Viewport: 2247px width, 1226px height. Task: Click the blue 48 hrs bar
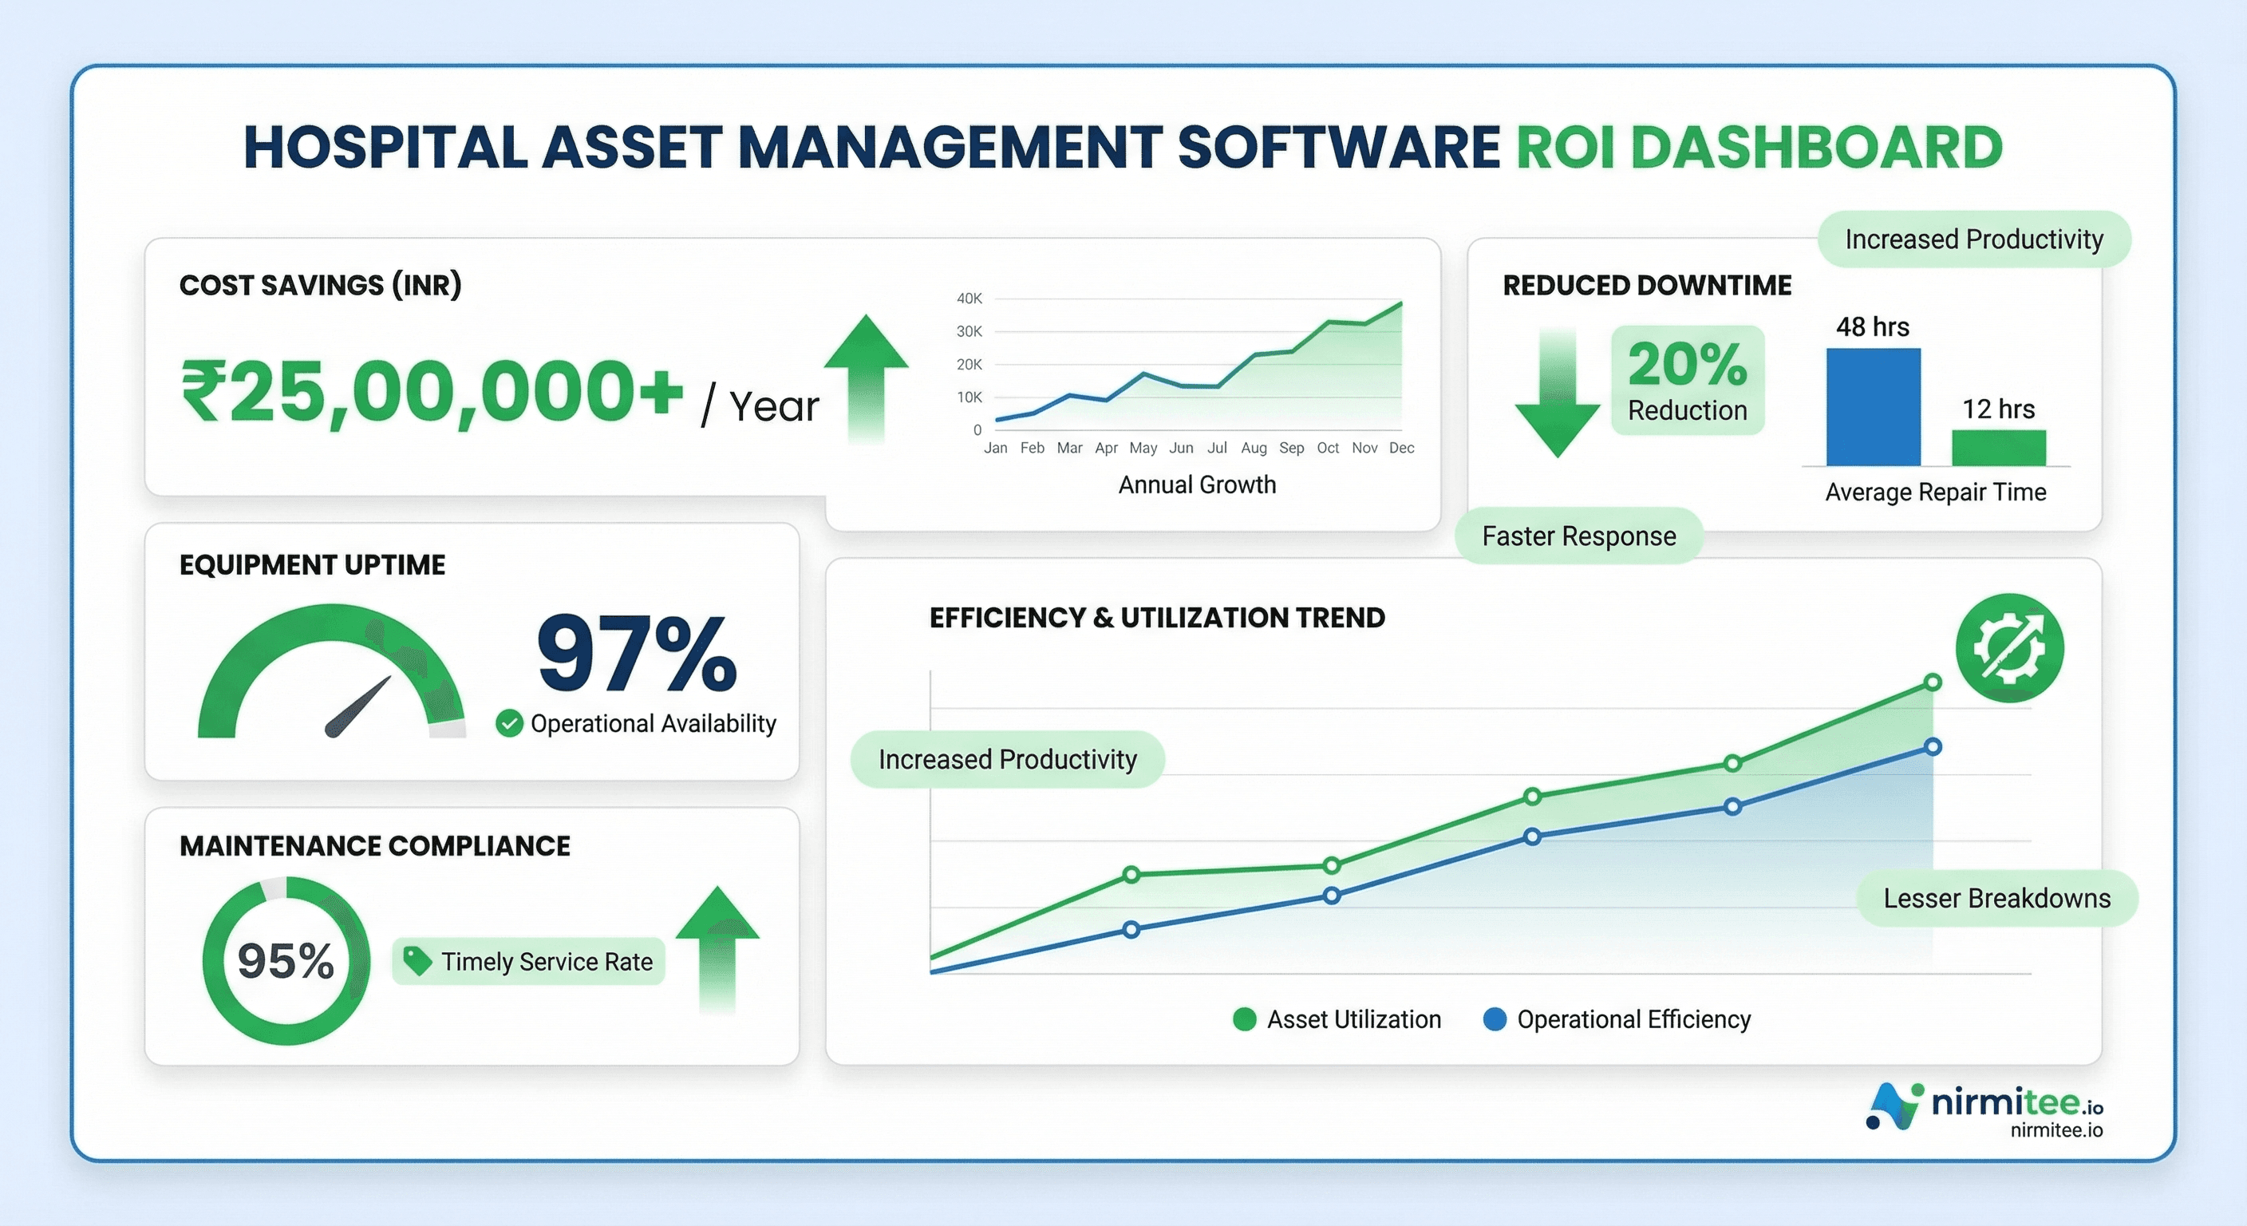tap(1873, 406)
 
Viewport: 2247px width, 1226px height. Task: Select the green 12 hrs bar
tap(1998, 448)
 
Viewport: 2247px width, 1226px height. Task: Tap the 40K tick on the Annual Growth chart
tap(969, 299)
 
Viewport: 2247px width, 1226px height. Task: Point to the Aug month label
tap(1254, 448)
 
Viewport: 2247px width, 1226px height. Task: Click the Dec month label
tap(1401, 448)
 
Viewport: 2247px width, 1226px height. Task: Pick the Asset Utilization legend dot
tap(1245, 1019)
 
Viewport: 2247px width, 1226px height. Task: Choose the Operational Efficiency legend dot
tap(1495, 1019)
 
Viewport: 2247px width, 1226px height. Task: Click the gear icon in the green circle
tap(2009, 647)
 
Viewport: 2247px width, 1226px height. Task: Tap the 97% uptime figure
tap(637, 653)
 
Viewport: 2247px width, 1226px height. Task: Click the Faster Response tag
tap(1579, 536)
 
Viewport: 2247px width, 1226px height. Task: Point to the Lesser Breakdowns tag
tap(1996, 898)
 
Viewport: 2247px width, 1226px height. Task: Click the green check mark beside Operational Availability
tap(509, 723)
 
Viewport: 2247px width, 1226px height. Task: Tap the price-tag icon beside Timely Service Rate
tap(417, 961)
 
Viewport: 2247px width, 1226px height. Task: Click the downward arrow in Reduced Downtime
tap(1557, 397)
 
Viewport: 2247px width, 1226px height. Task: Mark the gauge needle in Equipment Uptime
tap(357, 708)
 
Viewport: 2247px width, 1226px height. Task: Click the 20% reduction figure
tap(1687, 364)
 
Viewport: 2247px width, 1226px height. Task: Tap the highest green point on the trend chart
tap(1933, 682)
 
